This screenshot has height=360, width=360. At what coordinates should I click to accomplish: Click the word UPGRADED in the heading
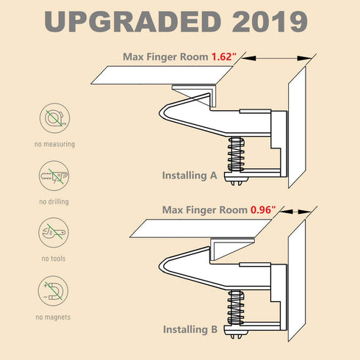pos(133,21)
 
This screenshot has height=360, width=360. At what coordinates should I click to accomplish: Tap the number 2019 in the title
pos(270,21)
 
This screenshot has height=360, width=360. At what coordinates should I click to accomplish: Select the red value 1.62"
pos(224,57)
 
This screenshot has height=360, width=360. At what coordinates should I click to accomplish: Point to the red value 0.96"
pos(263,210)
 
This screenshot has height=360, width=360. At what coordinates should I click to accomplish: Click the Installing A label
pos(190,176)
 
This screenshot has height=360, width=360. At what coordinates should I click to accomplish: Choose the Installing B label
pos(190,329)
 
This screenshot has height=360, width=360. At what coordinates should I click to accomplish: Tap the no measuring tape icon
pos(55,118)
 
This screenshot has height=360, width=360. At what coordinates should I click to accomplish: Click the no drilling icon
pos(54,176)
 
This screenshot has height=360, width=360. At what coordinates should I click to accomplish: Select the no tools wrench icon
pos(54,233)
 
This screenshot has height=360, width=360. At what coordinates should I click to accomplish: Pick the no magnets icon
pos(53,291)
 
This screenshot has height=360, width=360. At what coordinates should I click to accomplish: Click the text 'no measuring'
pos(54,144)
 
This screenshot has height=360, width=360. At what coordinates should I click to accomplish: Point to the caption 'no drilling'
pos(54,201)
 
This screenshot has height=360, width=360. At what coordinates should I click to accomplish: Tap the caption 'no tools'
pos(54,259)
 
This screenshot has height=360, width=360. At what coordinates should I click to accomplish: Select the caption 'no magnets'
pos(53,317)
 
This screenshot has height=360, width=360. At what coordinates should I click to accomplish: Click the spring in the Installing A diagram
pos(236,154)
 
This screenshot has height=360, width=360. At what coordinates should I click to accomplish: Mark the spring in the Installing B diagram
pos(236,308)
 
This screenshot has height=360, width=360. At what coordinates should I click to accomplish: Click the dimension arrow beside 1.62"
pos(276,58)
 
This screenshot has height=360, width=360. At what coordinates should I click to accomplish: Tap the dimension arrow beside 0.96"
pos(295,212)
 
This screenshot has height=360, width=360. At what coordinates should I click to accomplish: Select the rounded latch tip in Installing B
pos(162,266)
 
